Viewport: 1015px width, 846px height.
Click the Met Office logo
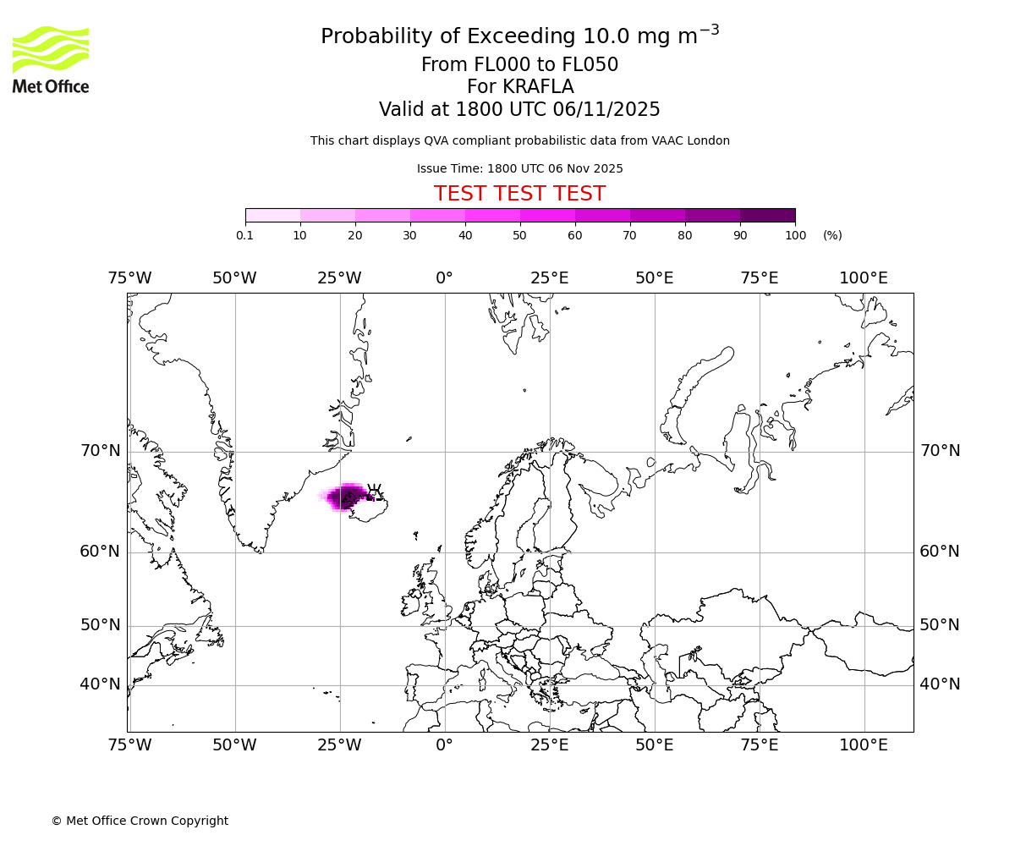point(51,59)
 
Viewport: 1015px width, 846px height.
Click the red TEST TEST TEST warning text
point(519,194)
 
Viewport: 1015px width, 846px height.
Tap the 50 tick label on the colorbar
point(520,235)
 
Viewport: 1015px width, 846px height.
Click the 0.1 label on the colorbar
point(245,235)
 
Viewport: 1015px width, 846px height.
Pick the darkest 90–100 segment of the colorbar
point(767,215)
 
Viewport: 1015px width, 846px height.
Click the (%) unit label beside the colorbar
point(832,235)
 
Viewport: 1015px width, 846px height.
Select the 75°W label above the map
point(129,278)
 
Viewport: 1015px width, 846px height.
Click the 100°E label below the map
point(864,745)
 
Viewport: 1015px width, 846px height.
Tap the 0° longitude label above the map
point(444,278)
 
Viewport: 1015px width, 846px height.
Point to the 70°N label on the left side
point(101,451)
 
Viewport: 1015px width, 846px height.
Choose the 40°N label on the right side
point(940,684)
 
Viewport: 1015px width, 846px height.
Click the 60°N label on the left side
point(101,552)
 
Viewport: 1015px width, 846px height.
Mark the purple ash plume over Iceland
point(345,497)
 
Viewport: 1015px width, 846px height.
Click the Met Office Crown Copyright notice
point(140,821)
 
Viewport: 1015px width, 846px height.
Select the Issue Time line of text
point(519,168)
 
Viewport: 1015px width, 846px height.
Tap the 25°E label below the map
point(549,745)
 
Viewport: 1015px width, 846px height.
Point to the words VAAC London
point(693,140)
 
